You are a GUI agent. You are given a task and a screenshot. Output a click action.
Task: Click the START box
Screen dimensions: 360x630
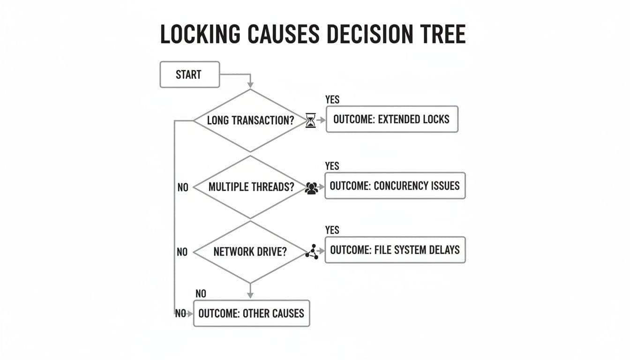point(189,75)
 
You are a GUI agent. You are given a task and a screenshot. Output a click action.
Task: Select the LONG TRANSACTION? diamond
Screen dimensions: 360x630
point(250,120)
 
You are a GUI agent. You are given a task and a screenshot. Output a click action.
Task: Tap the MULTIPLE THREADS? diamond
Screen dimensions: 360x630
point(250,187)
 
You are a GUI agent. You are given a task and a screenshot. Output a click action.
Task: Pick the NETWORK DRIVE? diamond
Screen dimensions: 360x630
point(250,252)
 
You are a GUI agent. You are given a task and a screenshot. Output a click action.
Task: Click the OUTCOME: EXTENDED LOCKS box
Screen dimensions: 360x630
point(391,119)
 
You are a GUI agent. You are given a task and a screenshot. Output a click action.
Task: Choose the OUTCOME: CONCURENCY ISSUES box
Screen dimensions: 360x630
point(395,186)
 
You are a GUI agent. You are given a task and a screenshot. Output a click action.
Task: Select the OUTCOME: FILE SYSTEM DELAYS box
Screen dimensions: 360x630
point(395,250)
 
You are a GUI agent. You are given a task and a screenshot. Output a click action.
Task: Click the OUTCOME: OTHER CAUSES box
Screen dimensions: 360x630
point(251,313)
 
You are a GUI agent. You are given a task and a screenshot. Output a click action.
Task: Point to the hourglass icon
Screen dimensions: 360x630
point(310,120)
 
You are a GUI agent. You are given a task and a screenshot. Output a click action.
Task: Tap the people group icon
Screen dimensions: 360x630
point(311,188)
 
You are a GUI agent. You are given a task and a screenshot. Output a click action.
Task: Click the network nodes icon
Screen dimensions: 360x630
point(312,252)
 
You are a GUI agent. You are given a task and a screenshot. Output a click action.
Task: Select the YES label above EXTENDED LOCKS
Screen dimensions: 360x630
point(332,100)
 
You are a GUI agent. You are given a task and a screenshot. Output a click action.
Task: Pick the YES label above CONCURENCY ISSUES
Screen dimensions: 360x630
point(332,166)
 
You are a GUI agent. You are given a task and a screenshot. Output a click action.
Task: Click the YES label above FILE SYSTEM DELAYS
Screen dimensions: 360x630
point(332,230)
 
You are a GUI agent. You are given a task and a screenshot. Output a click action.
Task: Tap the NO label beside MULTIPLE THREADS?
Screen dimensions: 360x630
point(182,187)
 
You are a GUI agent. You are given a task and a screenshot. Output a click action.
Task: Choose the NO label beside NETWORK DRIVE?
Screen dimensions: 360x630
point(182,252)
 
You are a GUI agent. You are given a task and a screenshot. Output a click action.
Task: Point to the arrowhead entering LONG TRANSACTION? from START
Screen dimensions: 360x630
point(250,84)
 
